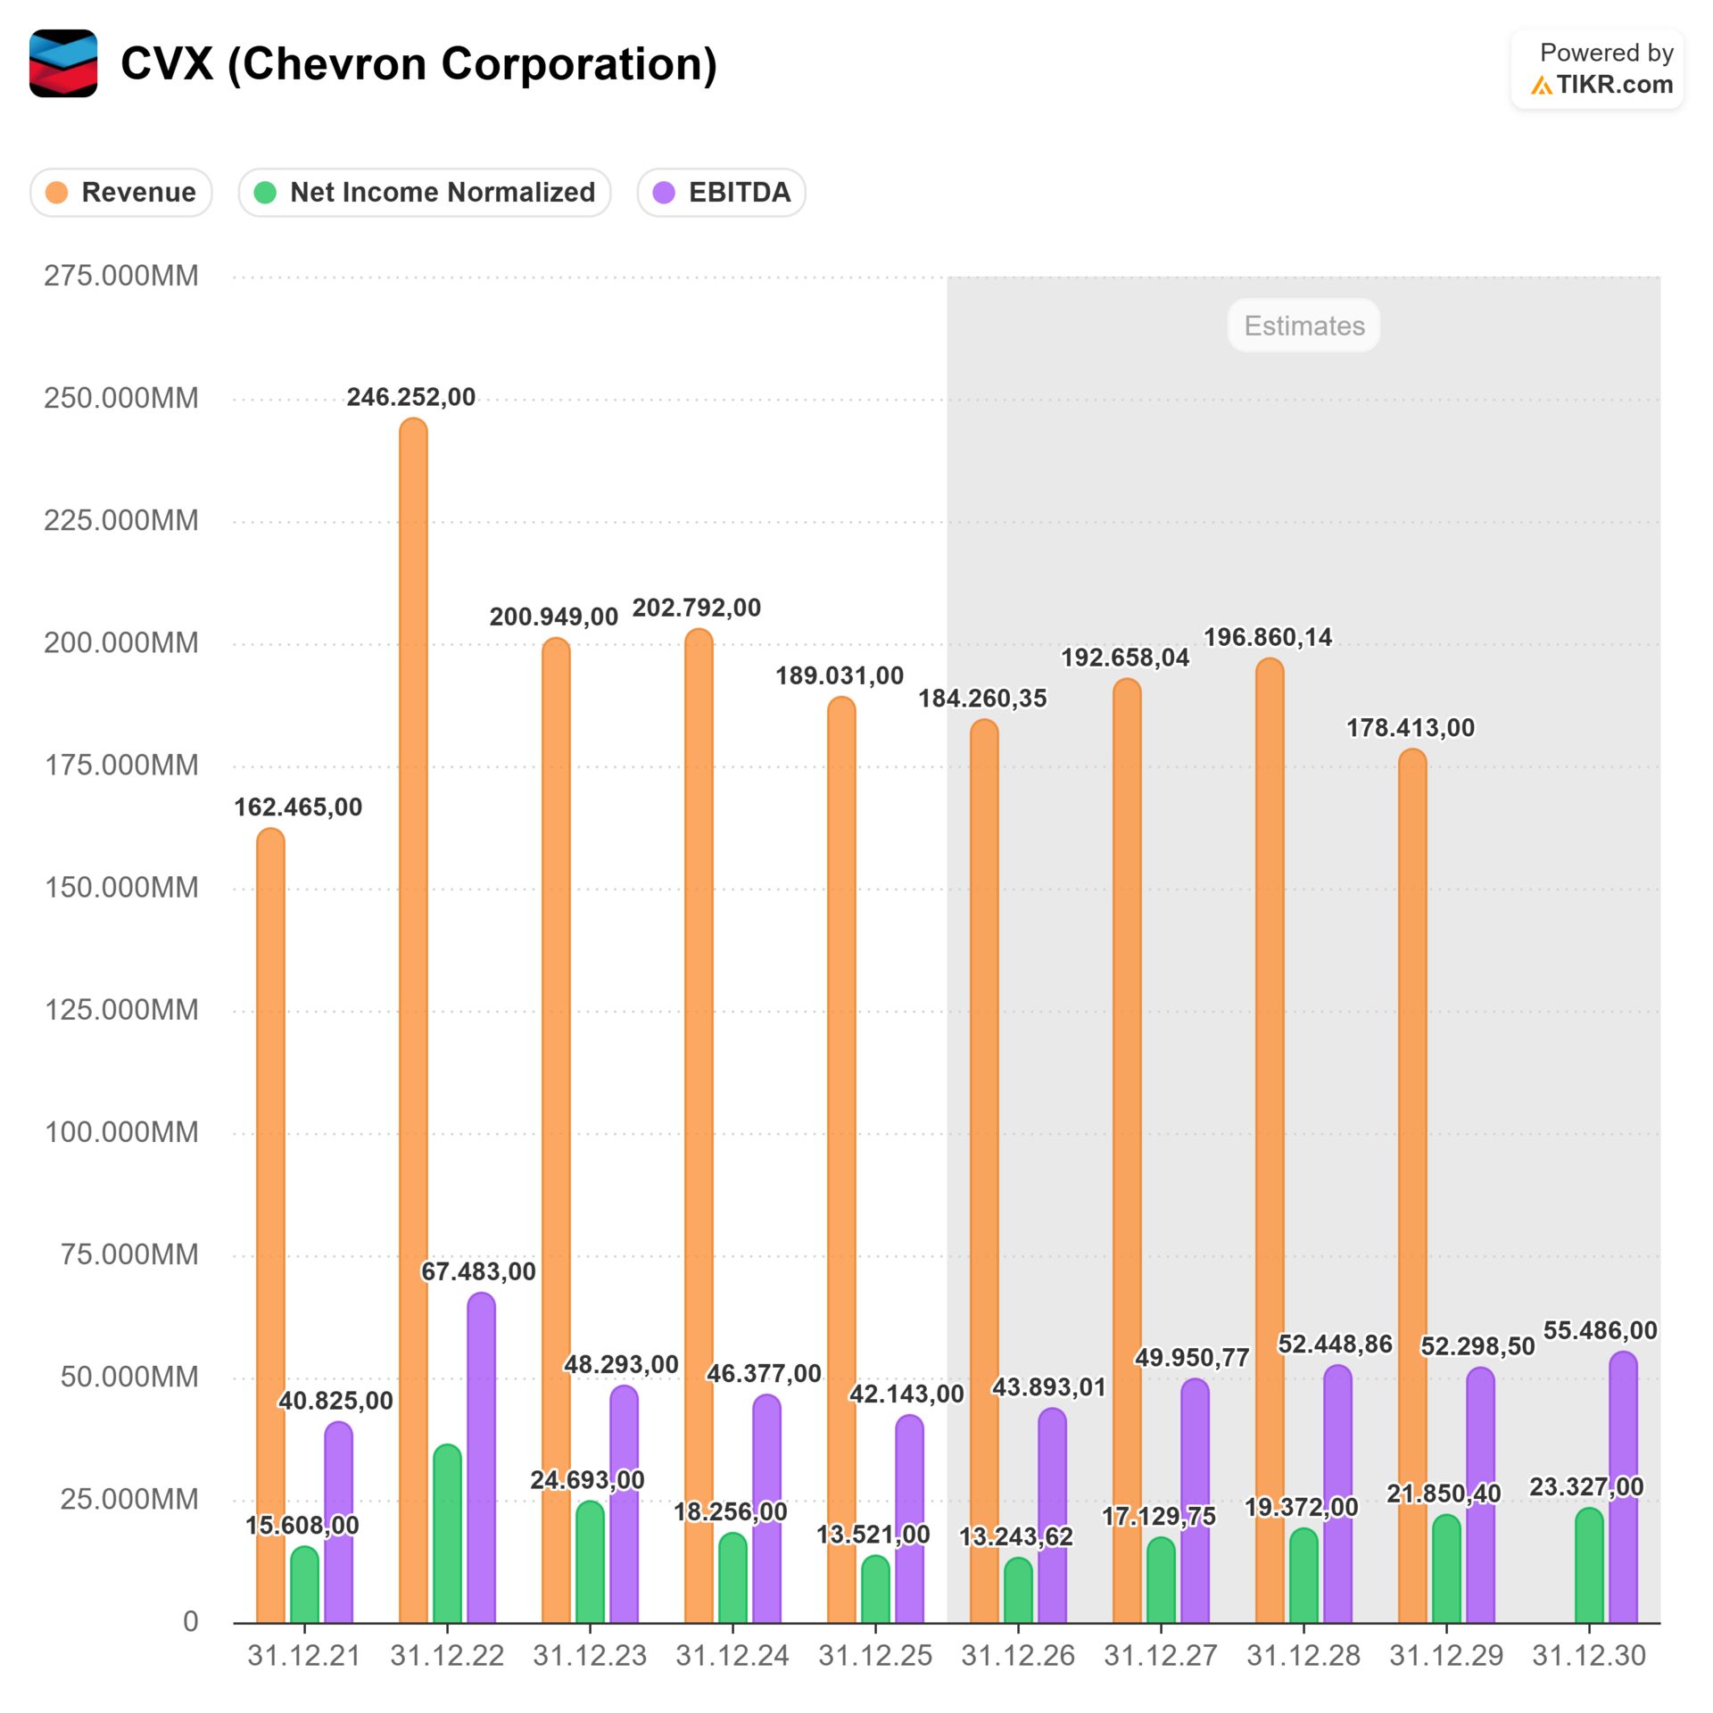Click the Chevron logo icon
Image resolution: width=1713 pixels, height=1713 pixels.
(62, 63)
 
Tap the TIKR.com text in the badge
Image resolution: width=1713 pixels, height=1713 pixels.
(1614, 85)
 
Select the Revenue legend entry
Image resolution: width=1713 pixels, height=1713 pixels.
(121, 192)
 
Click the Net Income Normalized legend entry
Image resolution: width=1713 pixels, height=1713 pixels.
(425, 192)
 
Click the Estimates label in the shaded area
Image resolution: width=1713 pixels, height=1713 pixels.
(1303, 326)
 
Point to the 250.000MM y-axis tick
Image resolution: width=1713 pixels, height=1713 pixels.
(121, 398)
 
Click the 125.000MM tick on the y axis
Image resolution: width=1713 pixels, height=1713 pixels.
(121, 1010)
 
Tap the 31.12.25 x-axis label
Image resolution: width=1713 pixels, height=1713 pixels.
(875, 1656)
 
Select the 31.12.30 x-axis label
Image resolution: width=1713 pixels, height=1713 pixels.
(1589, 1656)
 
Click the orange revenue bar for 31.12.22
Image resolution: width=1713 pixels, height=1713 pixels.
(413, 1017)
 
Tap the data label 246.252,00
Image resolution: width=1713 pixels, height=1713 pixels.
(411, 397)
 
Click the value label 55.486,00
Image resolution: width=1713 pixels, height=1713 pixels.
(1600, 1330)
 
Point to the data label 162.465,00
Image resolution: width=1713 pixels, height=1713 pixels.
(298, 807)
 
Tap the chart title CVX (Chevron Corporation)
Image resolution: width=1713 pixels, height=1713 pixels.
(418, 64)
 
